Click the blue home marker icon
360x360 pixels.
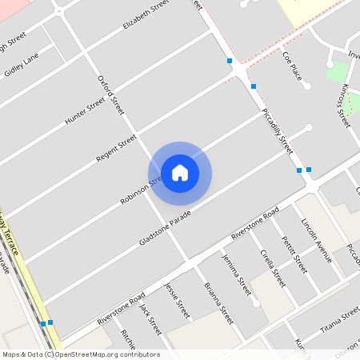tap(180, 173)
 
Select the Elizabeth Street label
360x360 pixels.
tap(146, 15)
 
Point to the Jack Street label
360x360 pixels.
tap(150, 317)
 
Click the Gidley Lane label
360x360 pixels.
tap(21, 63)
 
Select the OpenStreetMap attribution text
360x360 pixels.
tap(81, 354)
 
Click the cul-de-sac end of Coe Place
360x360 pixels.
tap(307, 86)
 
